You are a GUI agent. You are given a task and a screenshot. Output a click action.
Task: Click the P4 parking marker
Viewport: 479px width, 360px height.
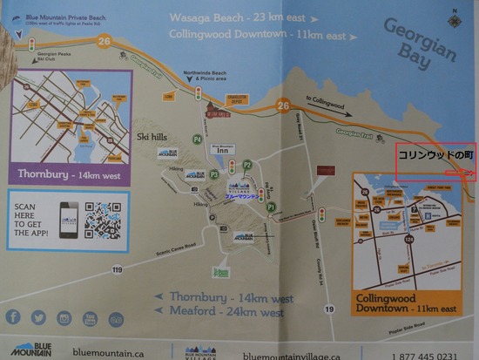point(197,139)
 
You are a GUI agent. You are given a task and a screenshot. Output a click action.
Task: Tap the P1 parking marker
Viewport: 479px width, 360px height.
point(271,207)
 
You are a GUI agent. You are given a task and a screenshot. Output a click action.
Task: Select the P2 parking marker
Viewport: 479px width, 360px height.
point(247,165)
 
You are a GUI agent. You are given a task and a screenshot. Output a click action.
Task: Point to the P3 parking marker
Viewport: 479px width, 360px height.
point(213,174)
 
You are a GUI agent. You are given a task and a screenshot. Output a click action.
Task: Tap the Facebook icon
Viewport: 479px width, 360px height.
point(13,317)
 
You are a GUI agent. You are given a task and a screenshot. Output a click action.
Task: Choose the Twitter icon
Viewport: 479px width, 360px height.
point(37,317)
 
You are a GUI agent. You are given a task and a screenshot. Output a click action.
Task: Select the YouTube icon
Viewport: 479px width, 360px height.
point(90,318)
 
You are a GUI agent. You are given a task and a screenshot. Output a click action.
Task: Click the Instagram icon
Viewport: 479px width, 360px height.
point(64,318)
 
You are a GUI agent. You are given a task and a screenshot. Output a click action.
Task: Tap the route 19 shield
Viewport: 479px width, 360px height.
point(329,309)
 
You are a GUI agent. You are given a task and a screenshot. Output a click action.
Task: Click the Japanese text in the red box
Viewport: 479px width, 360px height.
point(435,155)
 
